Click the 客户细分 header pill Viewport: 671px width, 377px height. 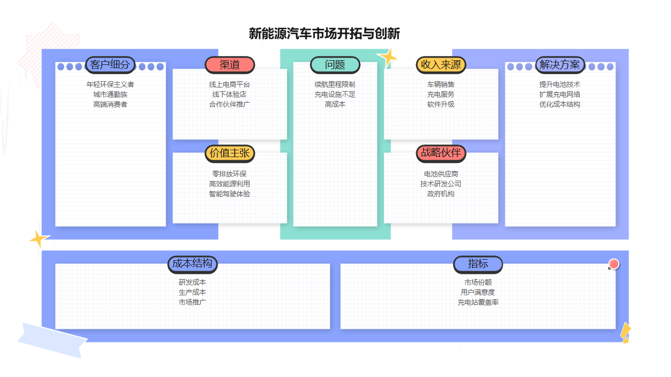(110, 65)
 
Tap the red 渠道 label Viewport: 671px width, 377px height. (230, 65)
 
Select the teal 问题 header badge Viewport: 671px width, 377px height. (335, 65)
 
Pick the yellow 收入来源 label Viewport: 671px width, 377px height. (441, 65)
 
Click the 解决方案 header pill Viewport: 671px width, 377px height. (560, 65)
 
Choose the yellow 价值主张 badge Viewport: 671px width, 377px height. (230, 153)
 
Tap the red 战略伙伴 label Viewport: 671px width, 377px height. (441, 153)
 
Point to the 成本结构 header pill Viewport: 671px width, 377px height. (192, 264)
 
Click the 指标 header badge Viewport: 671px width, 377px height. (478, 264)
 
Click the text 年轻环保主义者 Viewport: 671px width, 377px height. (110, 84)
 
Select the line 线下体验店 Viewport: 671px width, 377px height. (230, 94)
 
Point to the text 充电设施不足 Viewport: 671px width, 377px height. (335, 94)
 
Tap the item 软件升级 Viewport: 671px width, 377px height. (441, 104)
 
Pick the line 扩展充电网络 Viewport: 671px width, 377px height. (560, 94)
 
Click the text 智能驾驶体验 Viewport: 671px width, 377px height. (230, 194)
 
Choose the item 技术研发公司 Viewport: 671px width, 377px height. (441, 184)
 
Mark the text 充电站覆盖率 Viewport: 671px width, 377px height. (478, 302)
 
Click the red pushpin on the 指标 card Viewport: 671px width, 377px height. (614, 264)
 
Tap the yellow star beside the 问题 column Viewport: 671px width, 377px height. (388, 56)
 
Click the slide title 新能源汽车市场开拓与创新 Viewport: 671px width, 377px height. (324, 34)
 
